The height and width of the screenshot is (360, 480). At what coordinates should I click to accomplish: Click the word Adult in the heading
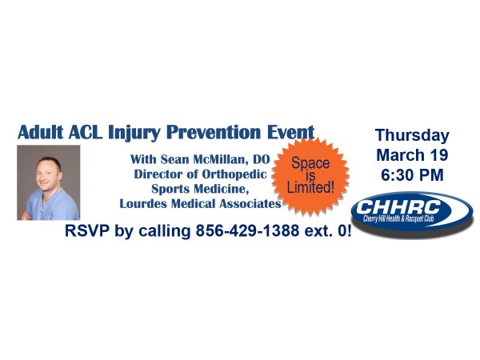coord(41,132)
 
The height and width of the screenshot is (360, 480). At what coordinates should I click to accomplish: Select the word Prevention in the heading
coord(214,132)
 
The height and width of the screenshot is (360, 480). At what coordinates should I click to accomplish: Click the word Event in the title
coord(291,132)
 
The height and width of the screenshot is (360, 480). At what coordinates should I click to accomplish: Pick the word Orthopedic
coord(234,174)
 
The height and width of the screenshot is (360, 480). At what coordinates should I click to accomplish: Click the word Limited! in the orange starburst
coord(310,187)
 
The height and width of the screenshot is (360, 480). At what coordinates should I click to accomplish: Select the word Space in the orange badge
coord(310,163)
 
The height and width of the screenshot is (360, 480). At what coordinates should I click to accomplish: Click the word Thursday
coord(412,136)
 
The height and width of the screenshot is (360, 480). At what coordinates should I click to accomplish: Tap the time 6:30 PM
coord(412,175)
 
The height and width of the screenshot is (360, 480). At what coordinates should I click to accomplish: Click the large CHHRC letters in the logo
coord(398,207)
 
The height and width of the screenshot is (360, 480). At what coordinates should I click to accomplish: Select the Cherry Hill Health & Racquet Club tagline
coord(398,218)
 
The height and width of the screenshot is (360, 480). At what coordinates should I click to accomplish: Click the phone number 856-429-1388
coord(247,231)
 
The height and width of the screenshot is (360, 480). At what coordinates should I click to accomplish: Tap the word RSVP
coord(87,231)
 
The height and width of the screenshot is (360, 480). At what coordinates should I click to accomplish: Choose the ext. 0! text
coord(328,231)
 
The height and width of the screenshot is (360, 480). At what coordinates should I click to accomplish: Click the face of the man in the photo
coord(48,174)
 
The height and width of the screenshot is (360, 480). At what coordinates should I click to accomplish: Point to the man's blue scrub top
coord(52,205)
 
